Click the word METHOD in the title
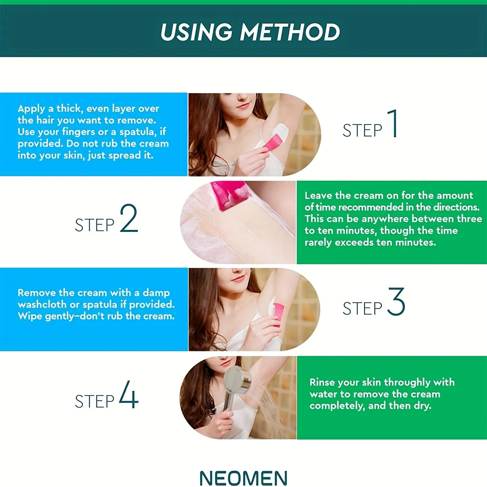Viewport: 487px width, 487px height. (x=290, y=32)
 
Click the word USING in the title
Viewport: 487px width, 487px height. (x=196, y=32)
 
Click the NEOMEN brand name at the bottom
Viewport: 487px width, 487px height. (x=243, y=478)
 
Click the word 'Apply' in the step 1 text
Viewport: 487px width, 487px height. (x=31, y=109)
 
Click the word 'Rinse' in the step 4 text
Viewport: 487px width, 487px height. (x=322, y=382)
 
